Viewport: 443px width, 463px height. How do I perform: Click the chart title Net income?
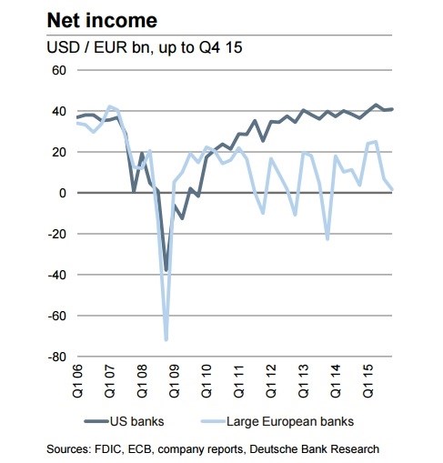click(102, 21)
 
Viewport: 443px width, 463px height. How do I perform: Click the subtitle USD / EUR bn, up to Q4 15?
click(145, 47)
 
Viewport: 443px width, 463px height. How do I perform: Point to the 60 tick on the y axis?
click(59, 70)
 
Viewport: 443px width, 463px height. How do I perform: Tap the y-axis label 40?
click(59, 111)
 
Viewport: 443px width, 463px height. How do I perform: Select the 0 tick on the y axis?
click(63, 193)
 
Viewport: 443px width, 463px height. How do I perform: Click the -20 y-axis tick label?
click(57, 234)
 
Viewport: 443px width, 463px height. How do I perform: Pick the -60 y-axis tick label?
click(57, 316)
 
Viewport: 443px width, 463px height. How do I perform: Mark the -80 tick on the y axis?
click(57, 357)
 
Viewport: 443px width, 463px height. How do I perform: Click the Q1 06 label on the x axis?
click(77, 381)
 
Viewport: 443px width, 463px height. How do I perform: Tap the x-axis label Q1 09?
click(175, 381)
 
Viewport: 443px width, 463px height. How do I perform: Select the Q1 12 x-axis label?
click(271, 381)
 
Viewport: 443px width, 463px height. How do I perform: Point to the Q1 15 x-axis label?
click(368, 381)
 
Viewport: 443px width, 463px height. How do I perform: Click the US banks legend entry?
click(125, 421)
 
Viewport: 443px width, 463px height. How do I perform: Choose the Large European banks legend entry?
click(277, 421)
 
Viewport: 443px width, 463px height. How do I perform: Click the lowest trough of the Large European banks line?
click(166, 339)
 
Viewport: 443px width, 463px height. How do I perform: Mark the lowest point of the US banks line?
click(166, 270)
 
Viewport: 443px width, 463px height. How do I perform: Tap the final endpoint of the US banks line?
click(392, 109)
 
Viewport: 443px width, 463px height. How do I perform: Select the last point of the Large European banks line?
click(392, 189)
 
